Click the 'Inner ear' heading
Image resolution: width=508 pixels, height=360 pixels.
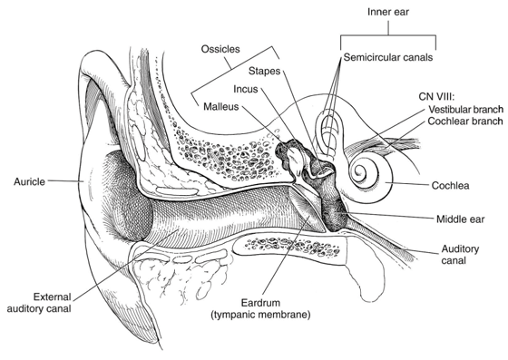388,12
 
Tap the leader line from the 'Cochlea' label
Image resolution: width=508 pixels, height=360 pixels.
408,183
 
